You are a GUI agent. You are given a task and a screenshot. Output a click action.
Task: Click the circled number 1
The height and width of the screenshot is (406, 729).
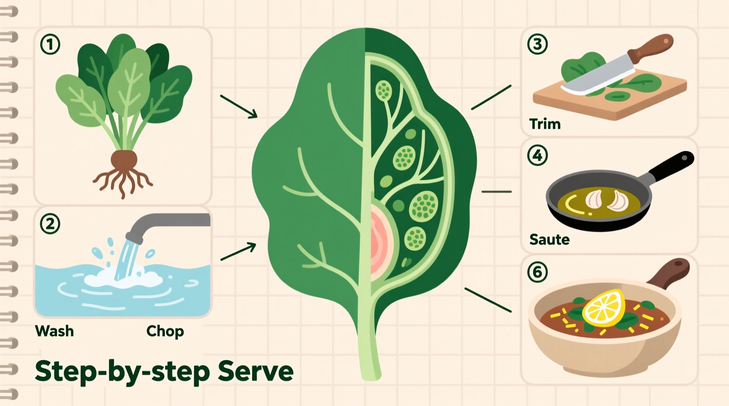click(x=50, y=45)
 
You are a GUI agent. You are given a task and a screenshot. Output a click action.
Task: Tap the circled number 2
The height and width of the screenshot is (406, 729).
click(x=50, y=224)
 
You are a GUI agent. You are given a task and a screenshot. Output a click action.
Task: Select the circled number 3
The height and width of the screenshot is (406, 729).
click(x=537, y=44)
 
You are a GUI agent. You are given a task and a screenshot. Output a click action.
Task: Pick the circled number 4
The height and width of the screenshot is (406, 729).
click(x=537, y=155)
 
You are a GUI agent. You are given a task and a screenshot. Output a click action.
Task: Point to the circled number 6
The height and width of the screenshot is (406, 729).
click(x=537, y=272)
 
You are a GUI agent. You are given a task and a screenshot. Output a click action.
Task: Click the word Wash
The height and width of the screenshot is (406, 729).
click(x=54, y=331)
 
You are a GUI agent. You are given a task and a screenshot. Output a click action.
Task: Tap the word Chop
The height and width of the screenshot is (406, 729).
click(x=165, y=331)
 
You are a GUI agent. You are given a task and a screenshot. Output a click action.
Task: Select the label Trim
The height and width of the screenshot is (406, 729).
click(x=545, y=124)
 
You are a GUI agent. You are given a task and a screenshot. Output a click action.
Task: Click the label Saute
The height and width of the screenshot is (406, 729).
click(x=549, y=239)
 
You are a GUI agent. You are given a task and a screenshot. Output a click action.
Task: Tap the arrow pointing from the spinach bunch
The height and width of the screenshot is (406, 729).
click(x=239, y=106)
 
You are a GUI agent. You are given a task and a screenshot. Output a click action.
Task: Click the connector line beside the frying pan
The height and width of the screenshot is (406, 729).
click(x=496, y=192)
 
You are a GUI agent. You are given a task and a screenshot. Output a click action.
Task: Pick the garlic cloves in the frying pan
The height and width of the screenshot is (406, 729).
click(x=606, y=199)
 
